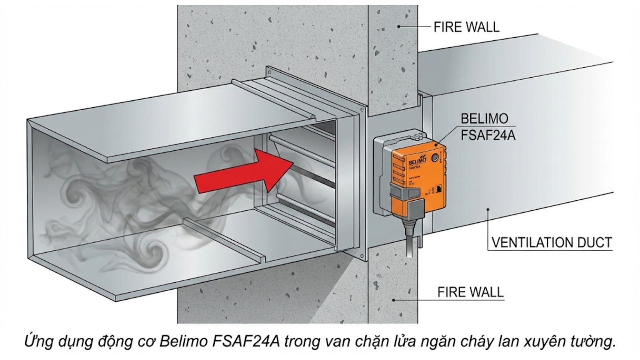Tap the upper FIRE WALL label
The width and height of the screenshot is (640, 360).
click(466, 27)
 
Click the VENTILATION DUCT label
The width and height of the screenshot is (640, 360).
click(552, 242)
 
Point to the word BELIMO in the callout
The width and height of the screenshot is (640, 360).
click(484, 118)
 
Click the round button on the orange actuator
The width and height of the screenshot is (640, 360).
click(434, 158)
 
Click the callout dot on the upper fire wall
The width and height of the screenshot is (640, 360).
click(399, 26)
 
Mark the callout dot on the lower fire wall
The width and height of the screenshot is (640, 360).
click(394, 300)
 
